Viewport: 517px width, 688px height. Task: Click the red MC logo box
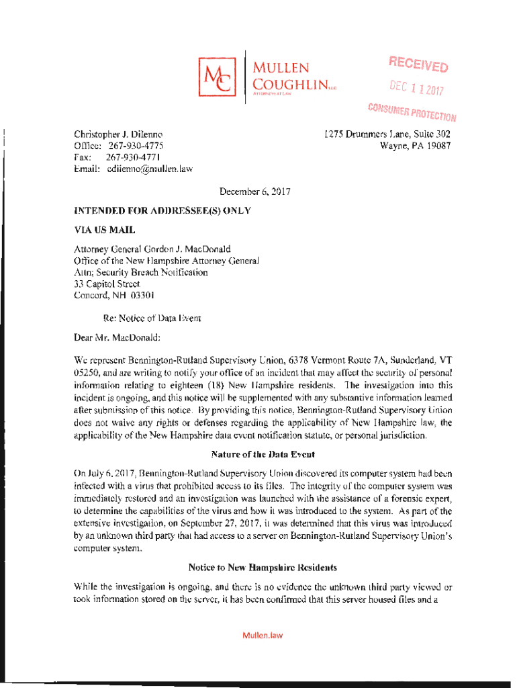tap(218, 77)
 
